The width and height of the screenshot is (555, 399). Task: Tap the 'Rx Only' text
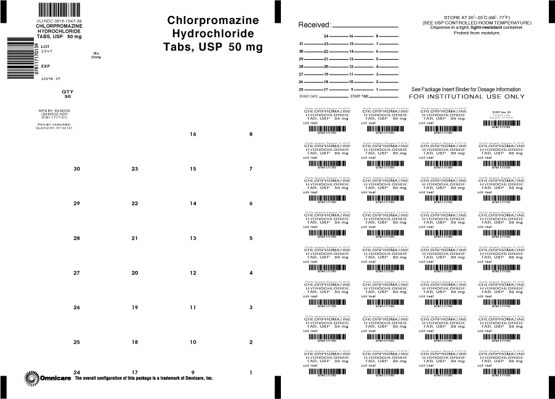click(x=96, y=55)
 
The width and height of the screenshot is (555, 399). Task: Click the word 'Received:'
click(x=314, y=25)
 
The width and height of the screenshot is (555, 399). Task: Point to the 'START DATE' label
click(x=309, y=97)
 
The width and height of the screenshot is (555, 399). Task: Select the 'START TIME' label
click(x=360, y=97)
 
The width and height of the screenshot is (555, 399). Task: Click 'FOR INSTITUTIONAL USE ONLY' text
click(x=467, y=97)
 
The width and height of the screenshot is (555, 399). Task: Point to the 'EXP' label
click(x=46, y=66)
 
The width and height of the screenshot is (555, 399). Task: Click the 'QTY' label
click(x=68, y=91)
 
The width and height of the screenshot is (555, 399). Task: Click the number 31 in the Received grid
click(x=301, y=44)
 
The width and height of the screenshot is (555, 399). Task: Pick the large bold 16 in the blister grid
click(x=193, y=134)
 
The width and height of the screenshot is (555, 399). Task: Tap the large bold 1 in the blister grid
click(x=251, y=373)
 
